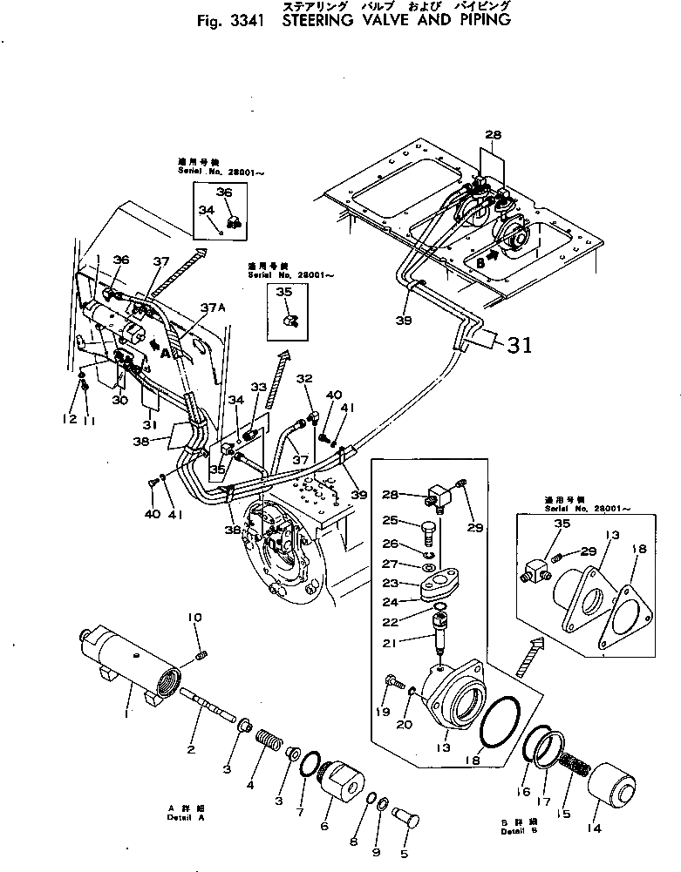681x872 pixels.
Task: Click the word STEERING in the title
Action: pyautogui.click(x=322, y=19)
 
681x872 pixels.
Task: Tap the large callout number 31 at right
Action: pyautogui.click(x=520, y=345)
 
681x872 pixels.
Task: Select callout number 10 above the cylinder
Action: pyautogui.click(x=194, y=619)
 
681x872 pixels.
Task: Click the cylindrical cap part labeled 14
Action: pyautogui.click(x=613, y=785)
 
